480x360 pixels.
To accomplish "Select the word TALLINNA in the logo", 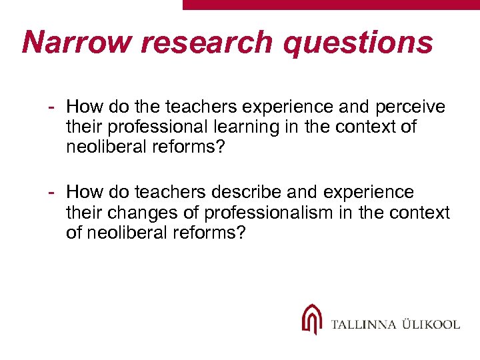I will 364,325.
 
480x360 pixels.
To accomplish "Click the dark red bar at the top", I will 331,4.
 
